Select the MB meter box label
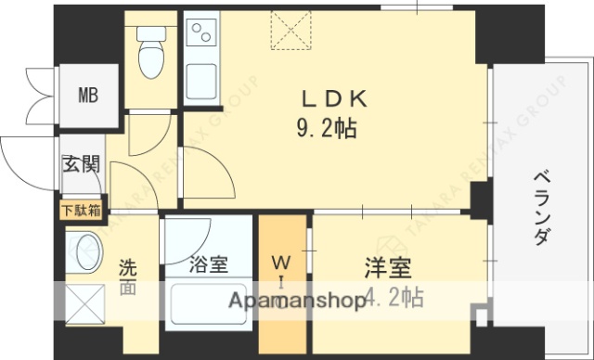[x=88, y=94]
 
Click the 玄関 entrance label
[x=80, y=166]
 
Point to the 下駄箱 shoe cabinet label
[x=82, y=209]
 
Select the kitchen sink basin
[x=201, y=81]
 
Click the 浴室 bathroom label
[x=208, y=265]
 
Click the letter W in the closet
[x=284, y=262]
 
